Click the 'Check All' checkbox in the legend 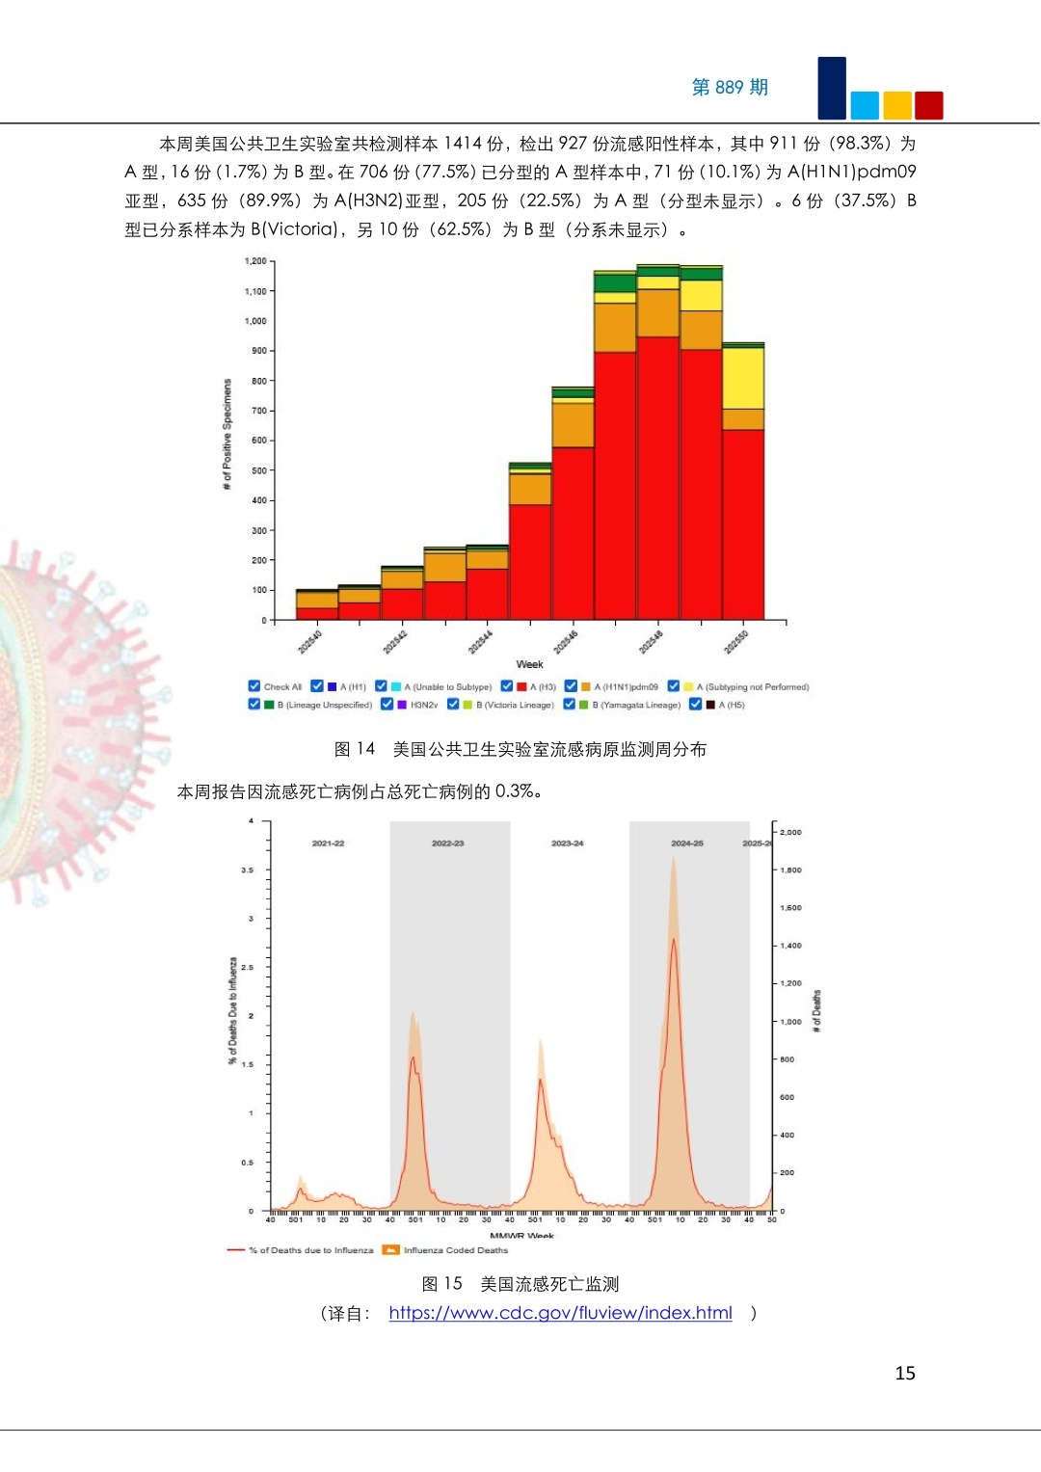click(254, 686)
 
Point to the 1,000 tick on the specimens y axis click(255, 321)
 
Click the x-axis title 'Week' click(529, 664)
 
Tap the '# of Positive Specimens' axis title click(227, 434)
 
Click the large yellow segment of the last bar click(743, 378)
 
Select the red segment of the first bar click(317, 613)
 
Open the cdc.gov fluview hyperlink click(560, 1313)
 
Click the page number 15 click(905, 1373)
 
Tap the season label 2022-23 click(447, 843)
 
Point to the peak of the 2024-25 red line click(674, 939)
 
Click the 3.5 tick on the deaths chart click(248, 870)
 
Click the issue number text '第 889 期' click(730, 88)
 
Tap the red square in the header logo click(928, 105)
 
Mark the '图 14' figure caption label click(354, 749)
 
